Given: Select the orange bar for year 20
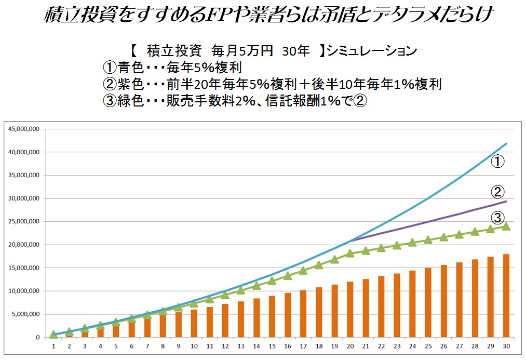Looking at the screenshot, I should click(x=350, y=309).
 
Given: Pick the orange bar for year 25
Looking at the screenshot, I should click(x=428, y=302).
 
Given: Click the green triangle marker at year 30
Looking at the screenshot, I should click(x=506, y=226).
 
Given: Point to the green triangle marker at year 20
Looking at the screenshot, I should click(x=350, y=253).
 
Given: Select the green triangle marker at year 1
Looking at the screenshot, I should click(x=53, y=335).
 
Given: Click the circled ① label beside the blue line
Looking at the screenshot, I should click(x=497, y=162).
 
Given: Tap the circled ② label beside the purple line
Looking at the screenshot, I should click(x=497, y=191).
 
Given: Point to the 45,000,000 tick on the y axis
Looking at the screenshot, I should click(x=23, y=129).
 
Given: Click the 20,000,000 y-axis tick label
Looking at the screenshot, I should click(x=23, y=245).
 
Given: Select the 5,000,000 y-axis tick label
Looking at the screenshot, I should click(x=25, y=314).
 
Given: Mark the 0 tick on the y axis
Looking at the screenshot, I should click(x=37, y=337).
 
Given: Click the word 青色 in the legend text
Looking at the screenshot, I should click(x=130, y=68).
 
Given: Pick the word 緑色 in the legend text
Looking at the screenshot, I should click(x=130, y=100).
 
